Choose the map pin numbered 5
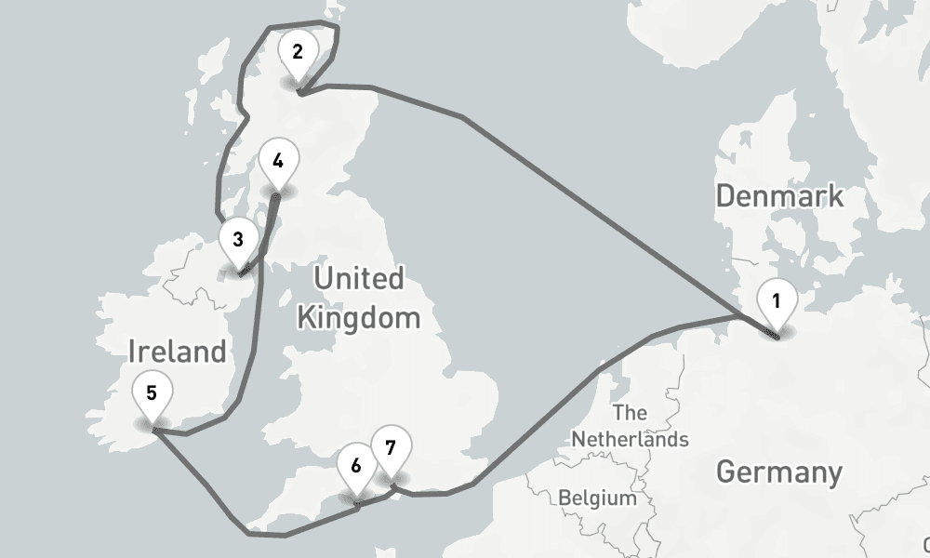(x=152, y=396)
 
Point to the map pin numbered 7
(x=390, y=452)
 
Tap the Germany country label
(x=779, y=472)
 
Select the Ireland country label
(x=177, y=352)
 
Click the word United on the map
(x=358, y=278)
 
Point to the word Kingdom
(x=358, y=318)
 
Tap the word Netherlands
(x=631, y=438)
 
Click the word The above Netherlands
(x=630, y=413)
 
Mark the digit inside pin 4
(x=278, y=161)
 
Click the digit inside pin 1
(x=777, y=300)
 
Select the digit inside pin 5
(x=152, y=392)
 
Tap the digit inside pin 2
(x=298, y=51)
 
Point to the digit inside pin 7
(x=390, y=447)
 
